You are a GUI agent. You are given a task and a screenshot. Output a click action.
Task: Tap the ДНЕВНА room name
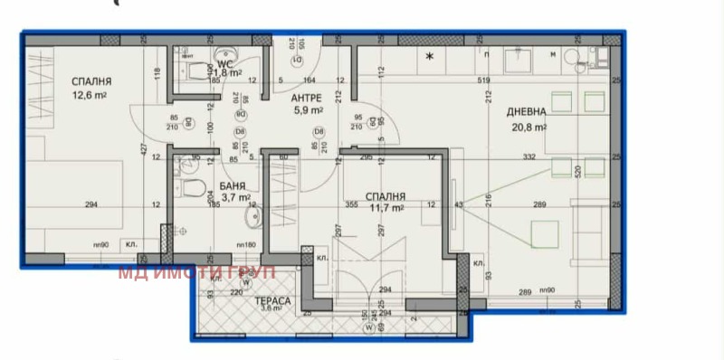point(526,111)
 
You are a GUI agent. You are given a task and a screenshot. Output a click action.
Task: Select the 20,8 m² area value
point(529,128)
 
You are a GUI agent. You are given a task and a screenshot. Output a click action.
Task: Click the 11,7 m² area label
point(386,208)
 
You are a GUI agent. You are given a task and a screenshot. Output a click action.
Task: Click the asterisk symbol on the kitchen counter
point(430,57)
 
